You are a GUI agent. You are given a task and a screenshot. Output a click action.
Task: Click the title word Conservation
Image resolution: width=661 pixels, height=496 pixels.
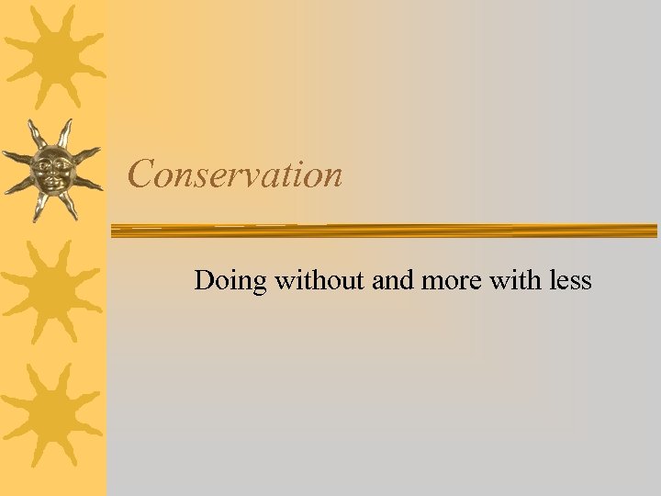[x=235, y=174]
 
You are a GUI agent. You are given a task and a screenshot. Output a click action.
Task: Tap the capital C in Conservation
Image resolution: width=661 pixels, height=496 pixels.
[x=140, y=174]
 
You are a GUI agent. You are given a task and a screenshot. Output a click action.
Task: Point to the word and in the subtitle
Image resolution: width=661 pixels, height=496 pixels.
[x=393, y=279]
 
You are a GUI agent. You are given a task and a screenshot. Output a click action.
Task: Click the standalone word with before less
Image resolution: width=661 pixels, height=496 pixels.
[x=516, y=279]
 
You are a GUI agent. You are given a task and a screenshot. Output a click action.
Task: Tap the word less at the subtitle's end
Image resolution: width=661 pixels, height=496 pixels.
[x=570, y=279]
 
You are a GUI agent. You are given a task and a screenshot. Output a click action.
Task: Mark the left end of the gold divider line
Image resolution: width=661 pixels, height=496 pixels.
[x=115, y=230]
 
